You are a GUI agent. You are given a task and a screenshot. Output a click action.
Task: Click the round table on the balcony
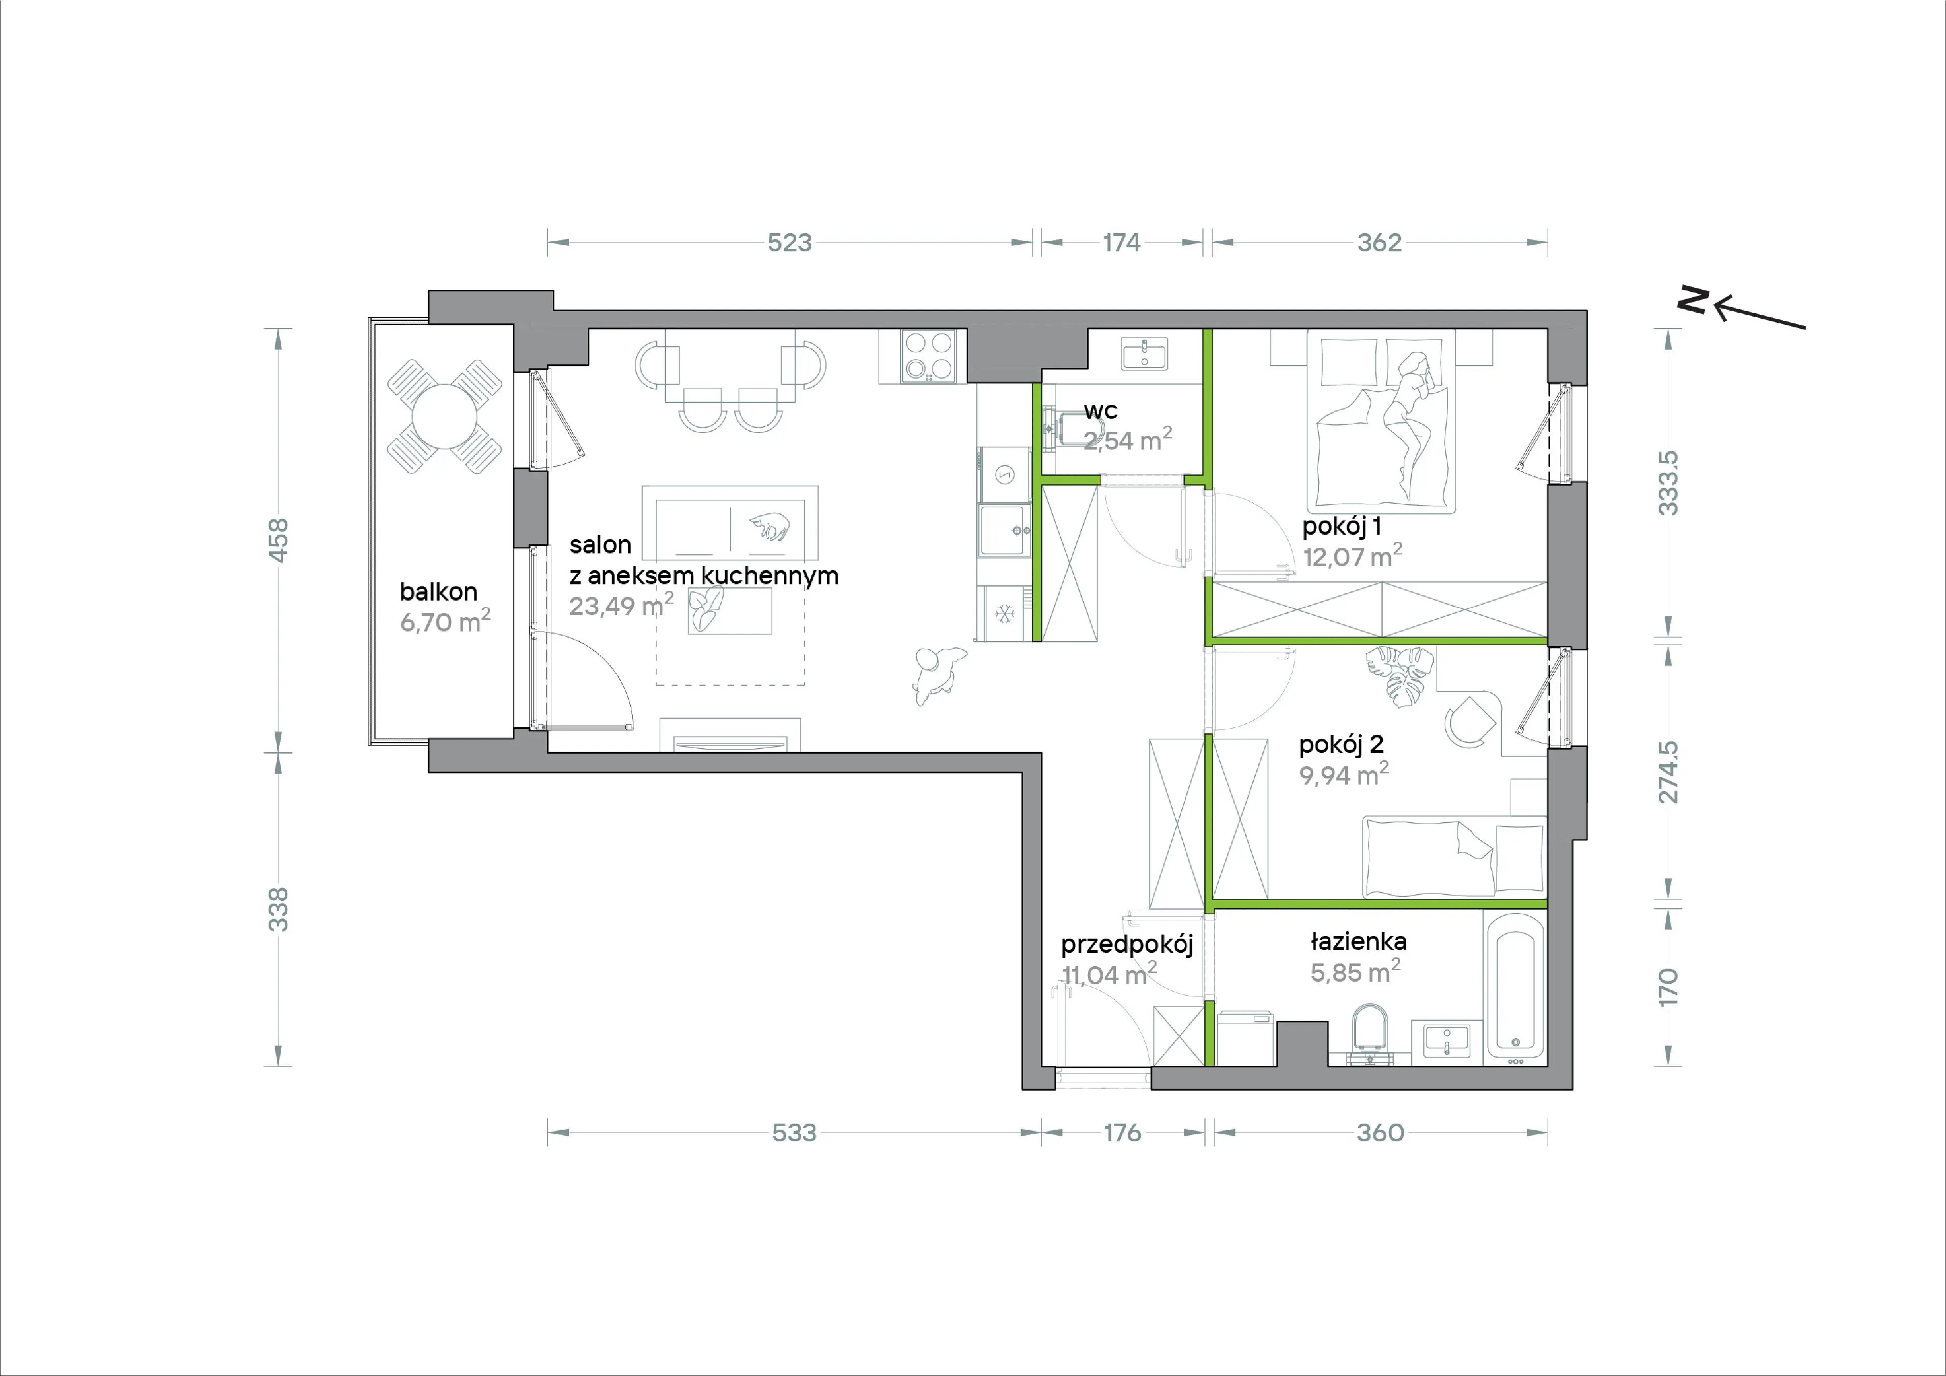point(443,416)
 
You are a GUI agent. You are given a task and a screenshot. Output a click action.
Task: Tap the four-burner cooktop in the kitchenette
point(929,355)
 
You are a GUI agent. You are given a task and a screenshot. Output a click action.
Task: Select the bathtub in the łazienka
point(1515,988)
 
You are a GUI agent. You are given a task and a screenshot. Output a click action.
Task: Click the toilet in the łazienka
point(1370,1033)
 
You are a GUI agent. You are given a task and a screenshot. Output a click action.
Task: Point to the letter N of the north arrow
point(1694,300)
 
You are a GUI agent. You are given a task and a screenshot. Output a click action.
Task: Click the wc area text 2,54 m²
point(1127,439)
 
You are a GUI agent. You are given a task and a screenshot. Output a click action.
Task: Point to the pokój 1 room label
point(1342,527)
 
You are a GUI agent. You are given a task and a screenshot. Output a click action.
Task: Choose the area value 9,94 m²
point(1343,774)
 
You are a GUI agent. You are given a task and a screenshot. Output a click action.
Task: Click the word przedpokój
point(1127,945)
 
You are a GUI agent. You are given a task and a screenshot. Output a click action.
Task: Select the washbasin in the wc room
point(1144,354)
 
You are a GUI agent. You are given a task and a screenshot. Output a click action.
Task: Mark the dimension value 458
point(278,540)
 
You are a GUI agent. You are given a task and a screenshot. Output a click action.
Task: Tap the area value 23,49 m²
point(620,605)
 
